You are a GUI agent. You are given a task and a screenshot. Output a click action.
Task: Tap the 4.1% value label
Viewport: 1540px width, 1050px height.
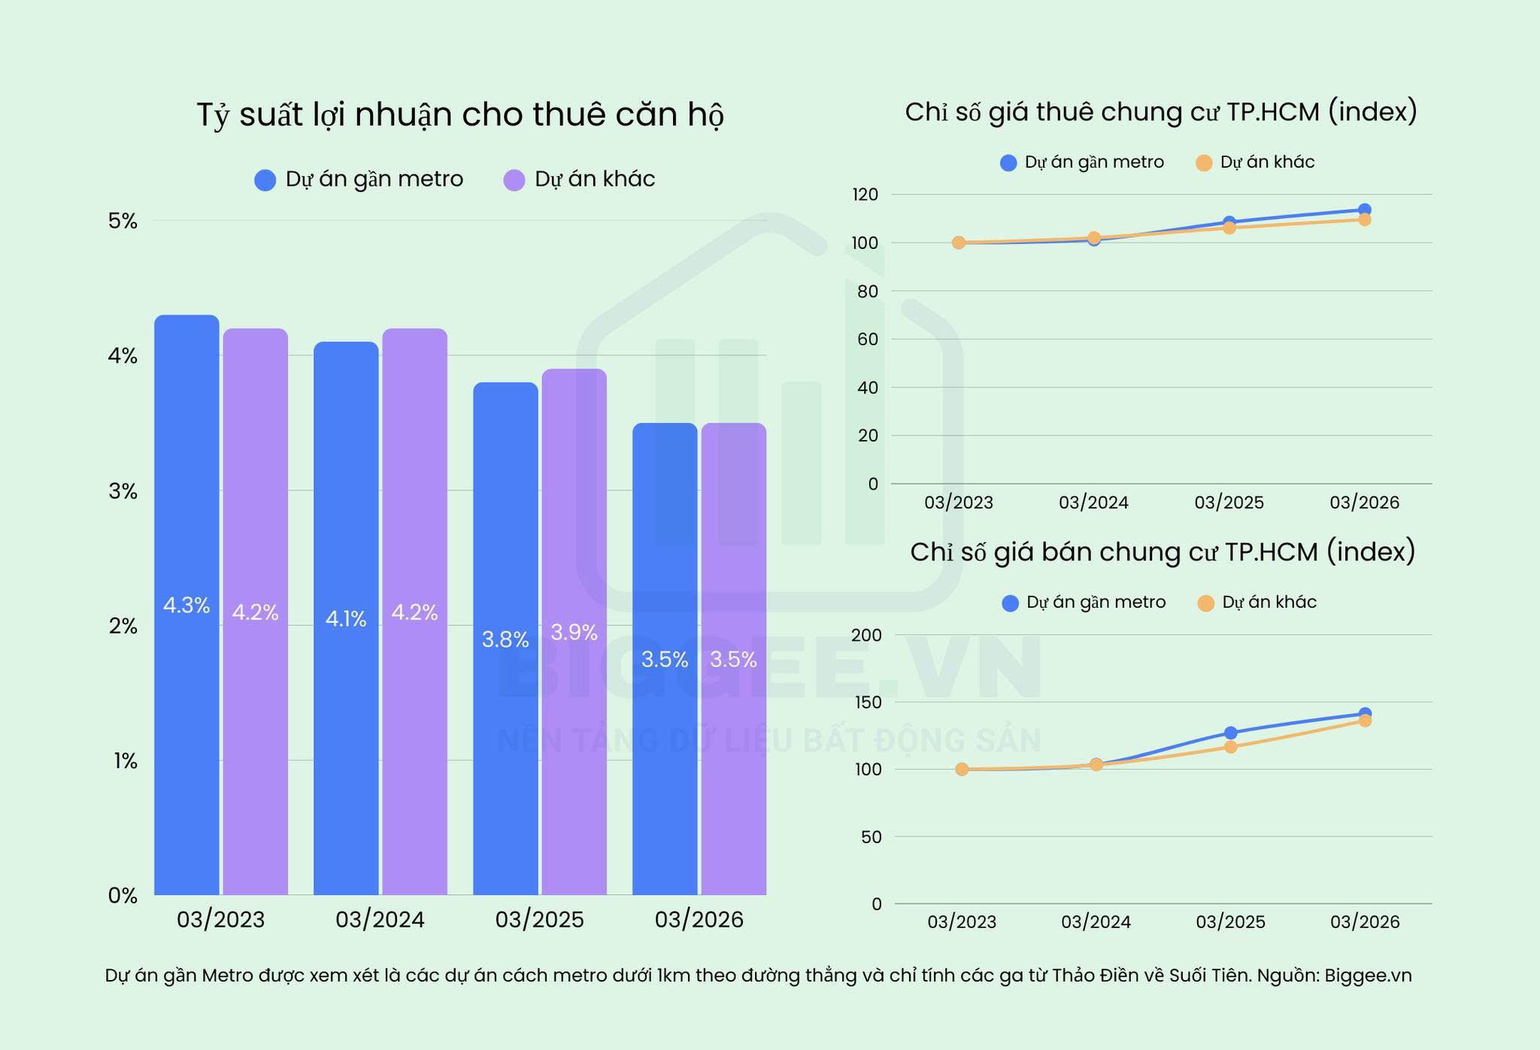pos(346,619)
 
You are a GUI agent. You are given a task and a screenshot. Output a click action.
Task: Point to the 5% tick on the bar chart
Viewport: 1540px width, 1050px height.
pos(123,221)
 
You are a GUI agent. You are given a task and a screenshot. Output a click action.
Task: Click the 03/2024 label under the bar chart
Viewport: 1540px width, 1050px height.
pos(380,919)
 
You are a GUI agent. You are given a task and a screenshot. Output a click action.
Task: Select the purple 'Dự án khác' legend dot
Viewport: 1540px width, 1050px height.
pos(514,181)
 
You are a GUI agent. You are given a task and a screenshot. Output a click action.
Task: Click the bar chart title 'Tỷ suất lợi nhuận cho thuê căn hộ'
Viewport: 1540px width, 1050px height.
pos(460,115)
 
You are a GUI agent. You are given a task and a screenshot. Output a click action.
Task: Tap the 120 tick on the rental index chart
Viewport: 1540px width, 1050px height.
pos(865,195)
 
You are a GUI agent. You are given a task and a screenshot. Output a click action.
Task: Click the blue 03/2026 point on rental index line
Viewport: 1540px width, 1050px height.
pos(1364,210)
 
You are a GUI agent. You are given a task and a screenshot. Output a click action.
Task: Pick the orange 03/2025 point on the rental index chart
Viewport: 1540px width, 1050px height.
pos(1229,227)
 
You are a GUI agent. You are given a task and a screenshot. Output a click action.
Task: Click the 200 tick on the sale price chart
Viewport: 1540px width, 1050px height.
pos(865,635)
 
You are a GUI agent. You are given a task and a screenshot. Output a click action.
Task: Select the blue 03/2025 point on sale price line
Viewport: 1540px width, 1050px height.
pos(1230,733)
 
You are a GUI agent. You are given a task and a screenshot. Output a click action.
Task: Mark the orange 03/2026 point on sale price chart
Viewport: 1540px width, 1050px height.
pos(1364,721)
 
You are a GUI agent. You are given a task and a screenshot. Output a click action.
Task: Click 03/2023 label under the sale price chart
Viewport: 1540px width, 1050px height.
pos(962,921)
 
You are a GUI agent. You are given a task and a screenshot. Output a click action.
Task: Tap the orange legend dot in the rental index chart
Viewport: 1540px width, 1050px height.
pos(1204,163)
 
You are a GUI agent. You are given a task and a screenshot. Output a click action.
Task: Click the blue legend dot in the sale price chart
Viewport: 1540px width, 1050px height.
pos(1011,603)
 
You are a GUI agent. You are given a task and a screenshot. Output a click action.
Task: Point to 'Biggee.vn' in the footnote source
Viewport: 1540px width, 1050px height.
pos(1368,976)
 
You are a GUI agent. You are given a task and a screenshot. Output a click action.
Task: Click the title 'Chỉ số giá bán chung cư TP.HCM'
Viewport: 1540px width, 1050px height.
pos(1163,552)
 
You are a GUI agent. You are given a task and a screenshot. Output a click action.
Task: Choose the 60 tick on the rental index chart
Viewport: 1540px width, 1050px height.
pos(868,339)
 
